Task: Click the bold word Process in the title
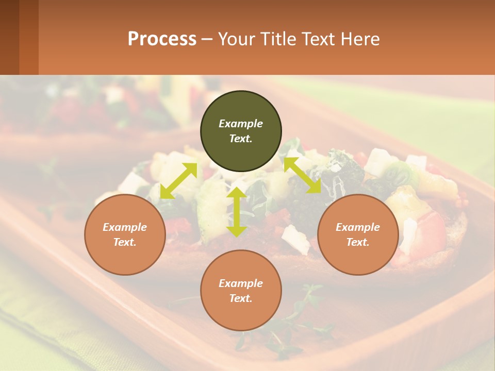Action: coord(162,39)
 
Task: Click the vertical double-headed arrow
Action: coord(237,212)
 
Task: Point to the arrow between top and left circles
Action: coord(178,180)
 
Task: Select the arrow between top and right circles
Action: coord(303,175)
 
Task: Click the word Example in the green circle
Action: coord(241,124)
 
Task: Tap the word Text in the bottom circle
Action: coord(241,298)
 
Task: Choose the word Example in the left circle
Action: coord(125,227)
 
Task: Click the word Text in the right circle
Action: coord(358,242)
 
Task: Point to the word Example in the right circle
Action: coord(358,227)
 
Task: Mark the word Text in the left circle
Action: coord(125,242)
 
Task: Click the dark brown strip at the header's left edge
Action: coord(9,37)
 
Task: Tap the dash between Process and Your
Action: coord(207,39)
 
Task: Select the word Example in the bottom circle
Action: coord(241,283)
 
